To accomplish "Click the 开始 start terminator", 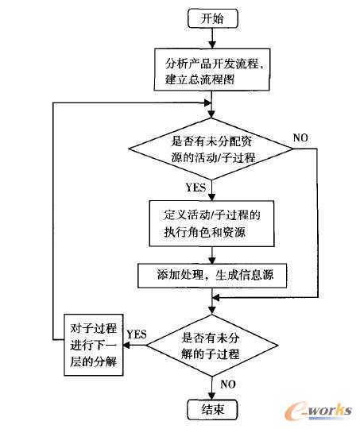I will click(211, 17).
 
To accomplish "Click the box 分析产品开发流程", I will click(211, 69).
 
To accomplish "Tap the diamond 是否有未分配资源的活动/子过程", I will click(211, 147).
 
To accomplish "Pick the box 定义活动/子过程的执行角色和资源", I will click(211, 223).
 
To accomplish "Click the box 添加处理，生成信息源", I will click(211, 275).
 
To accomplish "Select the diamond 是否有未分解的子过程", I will click(211, 345).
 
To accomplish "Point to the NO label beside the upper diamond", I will click(300, 137).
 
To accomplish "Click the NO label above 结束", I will click(228, 384).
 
